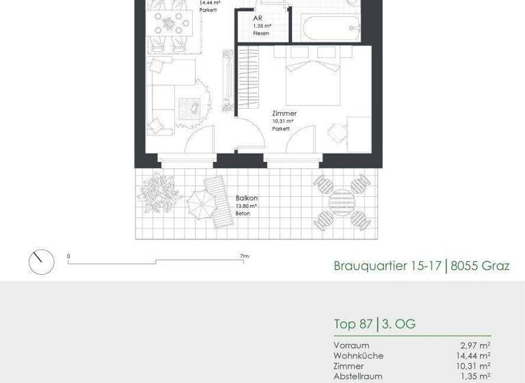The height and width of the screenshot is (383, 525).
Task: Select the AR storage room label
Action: [256, 18]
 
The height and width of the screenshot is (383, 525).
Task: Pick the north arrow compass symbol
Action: [40, 261]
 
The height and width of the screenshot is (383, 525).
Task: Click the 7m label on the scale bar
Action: [245, 256]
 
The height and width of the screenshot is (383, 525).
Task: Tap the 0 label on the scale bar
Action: [68, 256]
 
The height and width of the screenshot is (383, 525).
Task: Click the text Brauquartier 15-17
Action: [386, 265]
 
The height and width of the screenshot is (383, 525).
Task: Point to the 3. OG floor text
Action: [400, 323]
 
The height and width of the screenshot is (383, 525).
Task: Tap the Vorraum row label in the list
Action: [351, 345]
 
